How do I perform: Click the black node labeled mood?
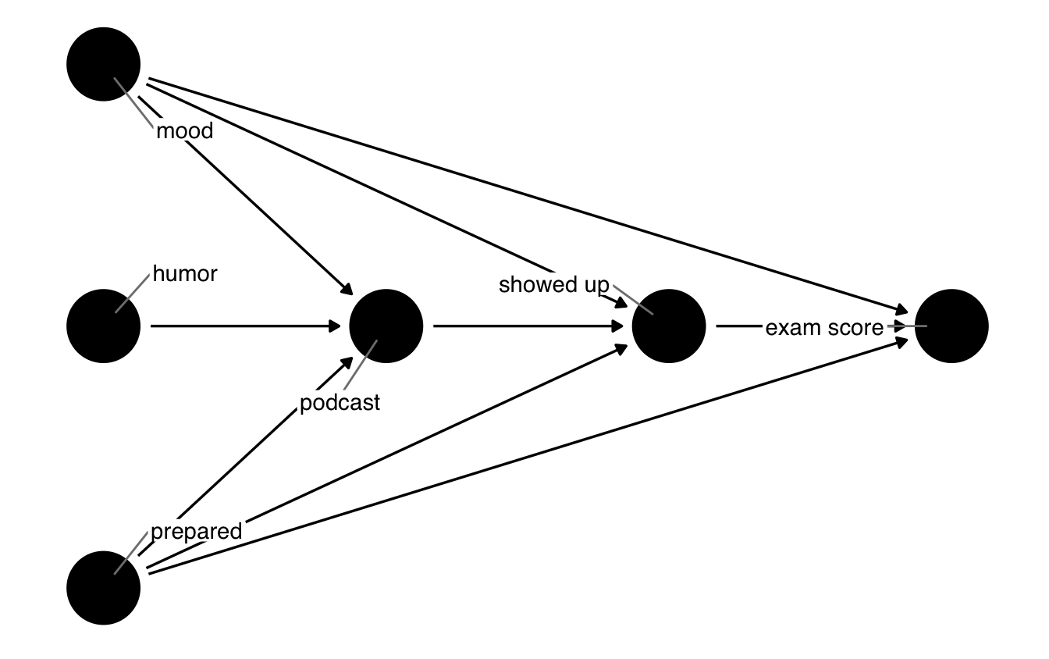coord(104,64)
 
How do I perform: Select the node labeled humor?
coord(104,326)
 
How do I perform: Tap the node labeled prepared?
coord(104,589)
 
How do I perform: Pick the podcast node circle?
coord(386,326)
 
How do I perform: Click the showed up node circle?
coord(669,326)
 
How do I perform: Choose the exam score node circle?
coord(951,326)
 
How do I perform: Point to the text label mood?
coord(184,131)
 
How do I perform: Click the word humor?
coord(185,274)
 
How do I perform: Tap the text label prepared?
coord(196,533)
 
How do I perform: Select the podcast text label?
coord(340,403)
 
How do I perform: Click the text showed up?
coord(553,285)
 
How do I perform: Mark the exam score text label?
coord(824,328)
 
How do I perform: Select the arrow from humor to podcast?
coord(246,326)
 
